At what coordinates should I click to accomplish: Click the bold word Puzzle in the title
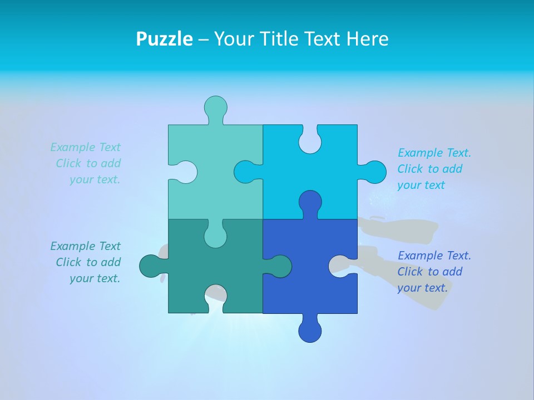click(164, 39)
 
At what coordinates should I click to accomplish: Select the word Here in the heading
click(367, 39)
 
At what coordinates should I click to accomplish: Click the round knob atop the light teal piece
click(215, 107)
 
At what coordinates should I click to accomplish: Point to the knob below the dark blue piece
click(310, 331)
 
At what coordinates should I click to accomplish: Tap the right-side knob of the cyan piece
click(374, 172)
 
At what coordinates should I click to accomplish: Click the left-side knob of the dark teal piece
click(151, 266)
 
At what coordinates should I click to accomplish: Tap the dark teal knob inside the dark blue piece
click(280, 266)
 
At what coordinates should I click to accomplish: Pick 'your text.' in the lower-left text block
click(95, 278)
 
